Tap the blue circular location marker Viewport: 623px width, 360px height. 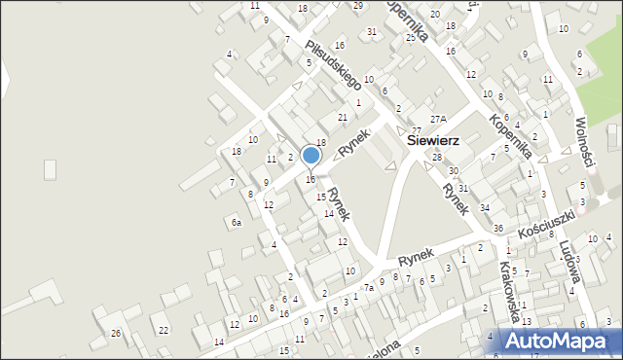coord(311,155)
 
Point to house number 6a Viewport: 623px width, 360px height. coord(236,223)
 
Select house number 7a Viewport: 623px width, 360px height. coord(369,288)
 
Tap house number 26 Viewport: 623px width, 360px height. coord(116,334)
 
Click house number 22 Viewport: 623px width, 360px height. coord(164,331)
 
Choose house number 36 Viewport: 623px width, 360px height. coord(497,229)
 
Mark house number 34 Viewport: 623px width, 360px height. coord(484,208)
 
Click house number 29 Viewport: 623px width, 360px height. coord(358,6)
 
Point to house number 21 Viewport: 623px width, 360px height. coord(342,118)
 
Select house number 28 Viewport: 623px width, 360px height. coord(437,157)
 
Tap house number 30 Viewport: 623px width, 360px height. coord(453,171)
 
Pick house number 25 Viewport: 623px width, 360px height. coord(410,37)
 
